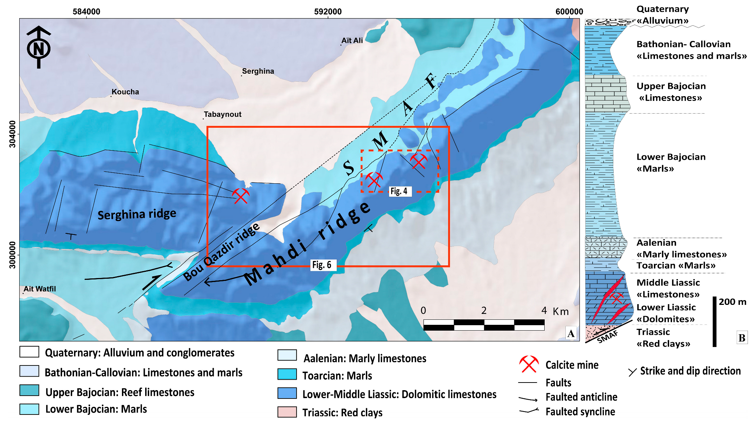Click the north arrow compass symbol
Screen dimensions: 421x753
point(38,47)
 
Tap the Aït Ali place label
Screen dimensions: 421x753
point(352,40)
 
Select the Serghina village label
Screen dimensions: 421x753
point(258,71)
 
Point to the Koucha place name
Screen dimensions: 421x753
point(125,92)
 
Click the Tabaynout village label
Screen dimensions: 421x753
point(222,114)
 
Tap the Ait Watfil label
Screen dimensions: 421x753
point(40,289)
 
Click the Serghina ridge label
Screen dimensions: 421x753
point(137,214)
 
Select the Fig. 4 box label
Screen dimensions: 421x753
point(399,191)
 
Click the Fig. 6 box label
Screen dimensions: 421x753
point(322,265)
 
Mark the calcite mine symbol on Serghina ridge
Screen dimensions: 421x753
point(241,196)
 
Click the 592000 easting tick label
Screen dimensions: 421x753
point(328,12)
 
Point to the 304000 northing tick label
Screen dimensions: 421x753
point(13,134)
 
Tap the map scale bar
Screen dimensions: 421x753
point(484,325)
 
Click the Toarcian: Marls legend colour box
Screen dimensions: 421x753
point(287,374)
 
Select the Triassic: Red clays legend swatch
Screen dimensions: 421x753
point(287,412)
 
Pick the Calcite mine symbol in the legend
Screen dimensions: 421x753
point(529,364)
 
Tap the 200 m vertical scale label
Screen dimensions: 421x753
point(732,302)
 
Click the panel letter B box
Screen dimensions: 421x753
point(742,338)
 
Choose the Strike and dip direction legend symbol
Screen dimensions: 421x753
point(632,372)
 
